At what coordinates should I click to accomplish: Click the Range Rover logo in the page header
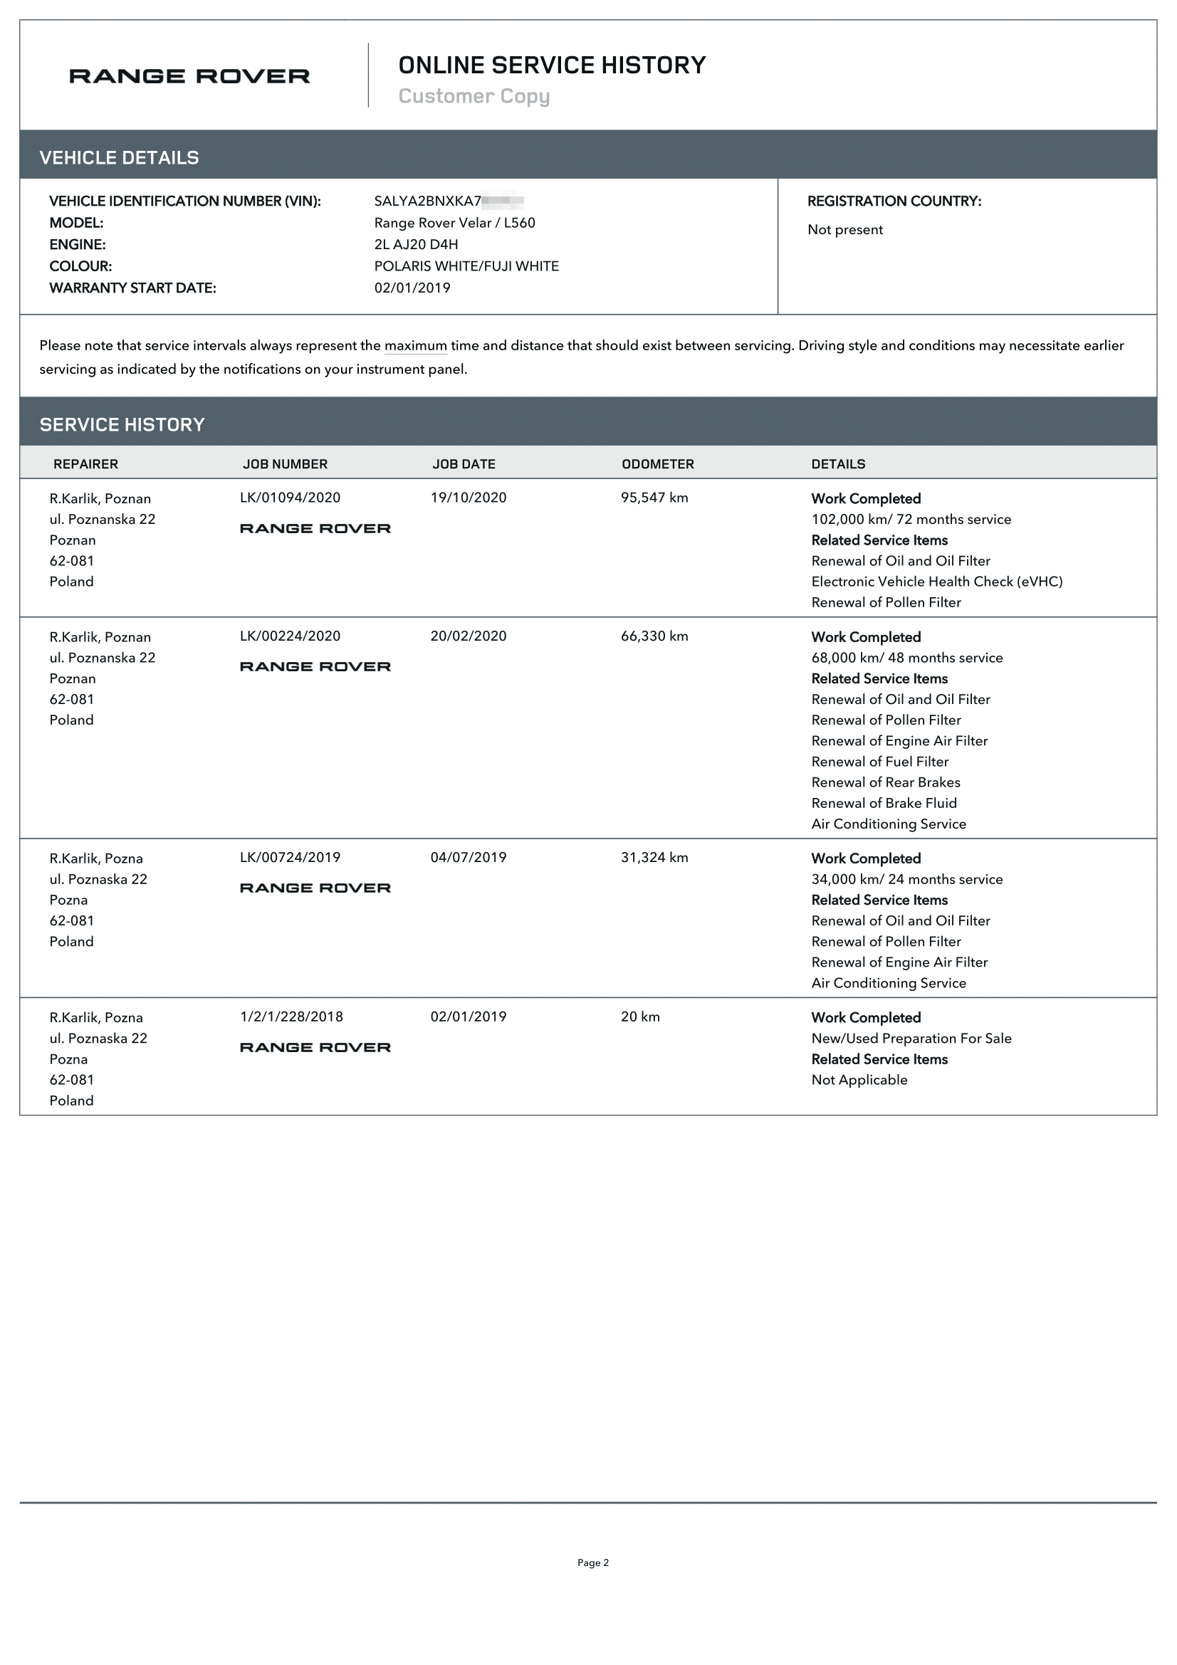pyautogui.click(x=189, y=76)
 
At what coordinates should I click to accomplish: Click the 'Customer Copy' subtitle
pyautogui.click(x=474, y=95)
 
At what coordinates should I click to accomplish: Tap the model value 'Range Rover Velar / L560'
pyautogui.click(x=454, y=223)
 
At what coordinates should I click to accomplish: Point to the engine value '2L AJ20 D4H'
pyautogui.click(x=416, y=244)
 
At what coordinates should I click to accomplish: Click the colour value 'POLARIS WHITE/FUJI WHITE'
pyautogui.click(x=466, y=266)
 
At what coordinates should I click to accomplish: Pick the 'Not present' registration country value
pyautogui.click(x=845, y=230)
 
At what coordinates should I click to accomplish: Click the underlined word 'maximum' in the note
pyautogui.click(x=416, y=346)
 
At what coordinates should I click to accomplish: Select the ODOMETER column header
pyautogui.click(x=657, y=464)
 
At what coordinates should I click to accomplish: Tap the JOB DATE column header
pyautogui.click(x=464, y=464)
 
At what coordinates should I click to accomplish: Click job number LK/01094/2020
pyautogui.click(x=290, y=498)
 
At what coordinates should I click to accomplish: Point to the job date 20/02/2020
pyautogui.click(x=468, y=636)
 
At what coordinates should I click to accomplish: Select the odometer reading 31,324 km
pyautogui.click(x=654, y=857)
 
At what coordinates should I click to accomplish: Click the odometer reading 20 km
pyautogui.click(x=639, y=1017)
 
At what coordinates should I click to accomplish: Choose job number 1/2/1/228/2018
pyautogui.click(x=291, y=1017)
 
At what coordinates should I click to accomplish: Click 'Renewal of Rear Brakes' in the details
pyautogui.click(x=886, y=782)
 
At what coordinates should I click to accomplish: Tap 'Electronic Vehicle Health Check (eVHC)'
pyautogui.click(x=936, y=582)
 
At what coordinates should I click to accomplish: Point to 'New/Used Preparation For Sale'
pyautogui.click(x=911, y=1039)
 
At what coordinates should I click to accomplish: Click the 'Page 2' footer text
pyautogui.click(x=592, y=1562)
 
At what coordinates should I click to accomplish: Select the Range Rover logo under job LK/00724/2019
pyautogui.click(x=315, y=888)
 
